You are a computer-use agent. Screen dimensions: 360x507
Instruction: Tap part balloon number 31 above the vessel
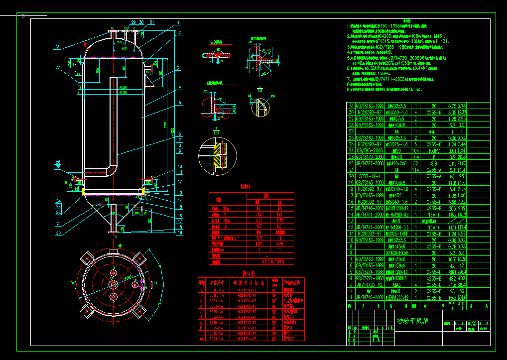click(151, 22)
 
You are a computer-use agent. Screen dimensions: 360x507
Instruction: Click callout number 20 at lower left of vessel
click(58, 233)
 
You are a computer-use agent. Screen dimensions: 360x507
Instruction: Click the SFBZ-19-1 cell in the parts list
click(369, 176)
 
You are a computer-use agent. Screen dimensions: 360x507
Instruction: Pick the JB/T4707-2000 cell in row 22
click(369, 163)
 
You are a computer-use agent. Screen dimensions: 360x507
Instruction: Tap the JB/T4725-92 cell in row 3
click(369, 284)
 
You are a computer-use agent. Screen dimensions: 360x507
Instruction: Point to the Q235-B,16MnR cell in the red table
click(272, 260)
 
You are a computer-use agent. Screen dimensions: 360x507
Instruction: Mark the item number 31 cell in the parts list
click(351, 106)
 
